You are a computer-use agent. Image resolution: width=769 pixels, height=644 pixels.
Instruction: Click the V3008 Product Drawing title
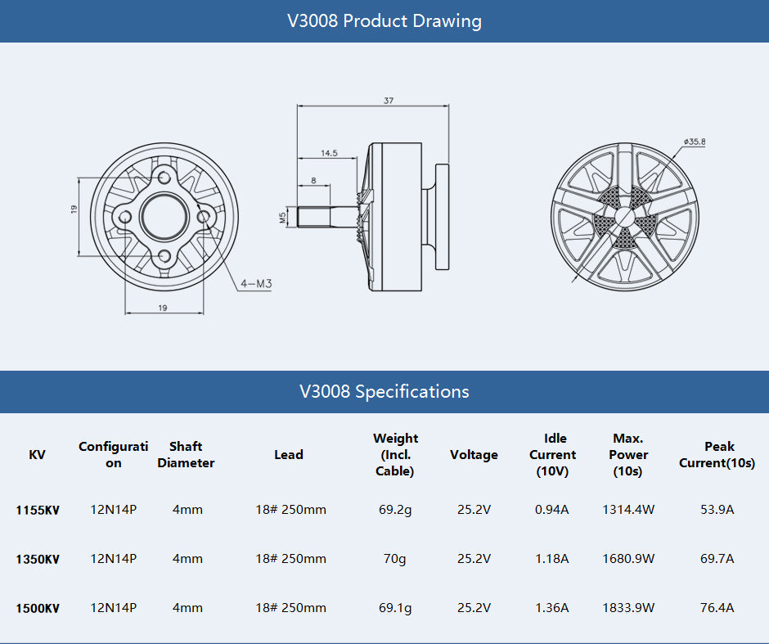[x=384, y=21]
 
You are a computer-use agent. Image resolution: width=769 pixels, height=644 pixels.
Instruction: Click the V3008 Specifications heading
[x=384, y=392]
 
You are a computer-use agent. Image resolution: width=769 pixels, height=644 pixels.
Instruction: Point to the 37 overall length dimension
[x=388, y=101]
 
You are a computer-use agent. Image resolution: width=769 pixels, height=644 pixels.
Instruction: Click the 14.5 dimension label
[x=329, y=153]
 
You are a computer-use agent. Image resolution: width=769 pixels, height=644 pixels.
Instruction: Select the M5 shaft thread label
[x=282, y=217]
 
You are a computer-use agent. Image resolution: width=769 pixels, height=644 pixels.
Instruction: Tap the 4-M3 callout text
[x=255, y=284]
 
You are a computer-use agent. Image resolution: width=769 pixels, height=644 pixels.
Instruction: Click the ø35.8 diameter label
[x=695, y=142]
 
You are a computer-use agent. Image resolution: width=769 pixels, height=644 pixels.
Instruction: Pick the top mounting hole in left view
[x=165, y=176]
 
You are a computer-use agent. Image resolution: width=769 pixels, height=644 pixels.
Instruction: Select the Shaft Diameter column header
[x=186, y=455]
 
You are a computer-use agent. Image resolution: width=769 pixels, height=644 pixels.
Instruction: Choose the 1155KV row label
[x=38, y=511]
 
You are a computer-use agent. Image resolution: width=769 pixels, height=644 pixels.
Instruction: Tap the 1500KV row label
[x=38, y=609]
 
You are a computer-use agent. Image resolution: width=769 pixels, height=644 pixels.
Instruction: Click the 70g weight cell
[x=394, y=559]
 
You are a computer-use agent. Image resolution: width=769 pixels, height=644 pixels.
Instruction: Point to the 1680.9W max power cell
[x=628, y=559]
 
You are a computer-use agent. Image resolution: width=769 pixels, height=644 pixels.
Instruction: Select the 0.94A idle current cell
[x=552, y=510]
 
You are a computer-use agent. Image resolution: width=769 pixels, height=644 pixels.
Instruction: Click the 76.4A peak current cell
[x=717, y=608]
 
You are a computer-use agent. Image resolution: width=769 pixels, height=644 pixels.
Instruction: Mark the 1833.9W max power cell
[x=628, y=608]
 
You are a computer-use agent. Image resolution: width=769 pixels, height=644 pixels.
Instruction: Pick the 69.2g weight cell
[x=394, y=510]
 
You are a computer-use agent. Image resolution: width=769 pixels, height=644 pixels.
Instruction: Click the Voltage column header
[x=474, y=455]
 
